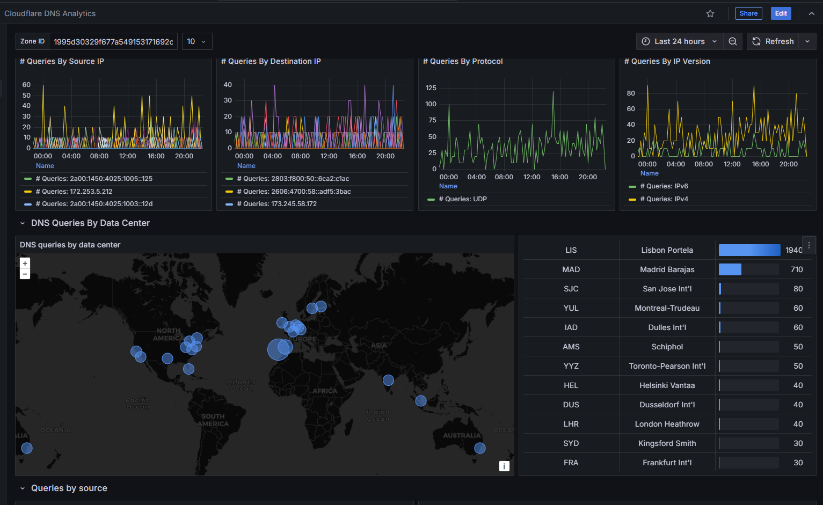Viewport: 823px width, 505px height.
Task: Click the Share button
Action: pyautogui.click(x=748, y=13)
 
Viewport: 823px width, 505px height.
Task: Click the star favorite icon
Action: pyautogui.click(x=710, y=13)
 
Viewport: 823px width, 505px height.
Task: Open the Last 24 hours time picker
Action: pyautogui.click(x=679, y=41)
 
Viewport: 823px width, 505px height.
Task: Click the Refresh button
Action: pyautogui.click(x=773, y=41)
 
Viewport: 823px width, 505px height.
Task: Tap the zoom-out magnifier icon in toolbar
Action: pyautogui.click(x=732, y=41)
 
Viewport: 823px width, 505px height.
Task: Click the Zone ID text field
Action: pyautogui.click(x=113, y=41)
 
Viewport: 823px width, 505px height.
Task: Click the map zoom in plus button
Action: pyautogui.click(x=25, y=263)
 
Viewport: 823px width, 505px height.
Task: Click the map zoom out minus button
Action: pyautogui.click(x=25, y=274)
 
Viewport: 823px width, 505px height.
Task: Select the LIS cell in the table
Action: pyautogui.click(x=571, y=250)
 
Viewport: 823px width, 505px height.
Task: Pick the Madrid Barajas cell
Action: pyautogui.click(x=667, y=269)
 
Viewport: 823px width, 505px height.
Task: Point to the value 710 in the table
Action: pyautogui.click(x=797, y=269)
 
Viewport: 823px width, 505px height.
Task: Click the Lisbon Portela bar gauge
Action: pyautogui.click(x=749, y=250)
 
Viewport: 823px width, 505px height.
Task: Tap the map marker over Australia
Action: pyautogui.click(x=480, y=448)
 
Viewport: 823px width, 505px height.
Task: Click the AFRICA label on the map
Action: pyautogui.click(x=325, y=391)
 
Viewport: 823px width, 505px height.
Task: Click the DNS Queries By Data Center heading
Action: pyautogui.click(x=90, y=223)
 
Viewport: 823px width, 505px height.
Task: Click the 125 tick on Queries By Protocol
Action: pyautogui.click(x=431, y=88)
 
